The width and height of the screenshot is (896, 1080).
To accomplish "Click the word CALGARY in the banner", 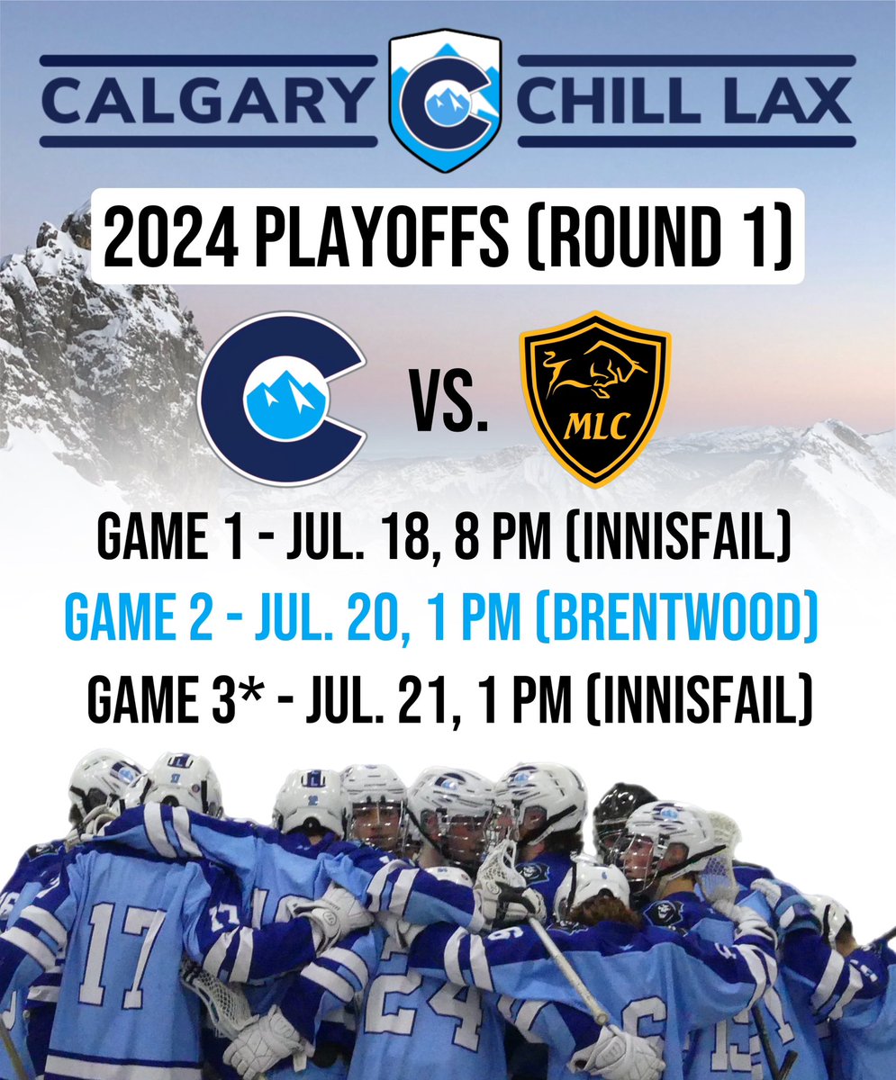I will pos(206,100).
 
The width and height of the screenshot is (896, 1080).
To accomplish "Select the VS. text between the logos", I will pos(448,406).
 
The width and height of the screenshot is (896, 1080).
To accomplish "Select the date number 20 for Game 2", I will pos(427,620).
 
